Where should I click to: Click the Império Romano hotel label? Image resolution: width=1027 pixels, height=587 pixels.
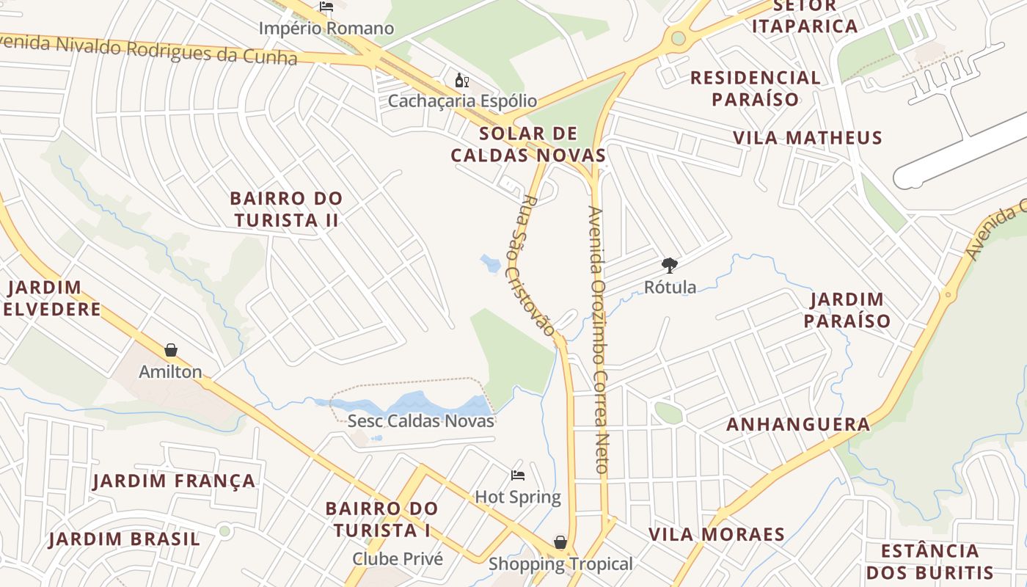(326, 29)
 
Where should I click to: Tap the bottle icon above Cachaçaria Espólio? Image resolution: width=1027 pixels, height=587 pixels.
(462, 81)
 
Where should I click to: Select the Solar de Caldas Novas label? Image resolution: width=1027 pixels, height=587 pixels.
(528, 145)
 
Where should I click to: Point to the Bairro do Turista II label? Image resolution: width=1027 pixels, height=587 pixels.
(286, 209)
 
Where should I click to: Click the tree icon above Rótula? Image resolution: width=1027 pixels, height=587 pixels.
(669, 265)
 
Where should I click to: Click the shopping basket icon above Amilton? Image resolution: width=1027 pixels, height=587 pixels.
(171, 350)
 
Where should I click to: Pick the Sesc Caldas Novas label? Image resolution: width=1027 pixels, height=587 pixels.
(421, 421)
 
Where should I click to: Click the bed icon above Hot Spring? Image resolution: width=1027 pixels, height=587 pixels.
(518, 475)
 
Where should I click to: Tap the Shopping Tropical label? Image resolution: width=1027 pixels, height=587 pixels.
(560, 564)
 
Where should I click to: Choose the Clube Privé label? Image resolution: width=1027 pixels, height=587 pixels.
(398, 558)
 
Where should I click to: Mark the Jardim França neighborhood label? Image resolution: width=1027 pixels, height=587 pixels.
(174, 481)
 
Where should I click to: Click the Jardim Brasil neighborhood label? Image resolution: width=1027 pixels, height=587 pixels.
(124, 539)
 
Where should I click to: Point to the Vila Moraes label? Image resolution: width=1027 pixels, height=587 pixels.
(717, 534)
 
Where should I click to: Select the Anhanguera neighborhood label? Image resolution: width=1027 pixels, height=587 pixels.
(798, 424)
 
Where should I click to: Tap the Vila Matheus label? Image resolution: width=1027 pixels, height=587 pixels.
(808, 138)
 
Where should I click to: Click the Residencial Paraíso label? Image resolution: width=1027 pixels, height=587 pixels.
(755, 88)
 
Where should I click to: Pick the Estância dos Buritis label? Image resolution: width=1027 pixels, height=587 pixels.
(930, 561)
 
